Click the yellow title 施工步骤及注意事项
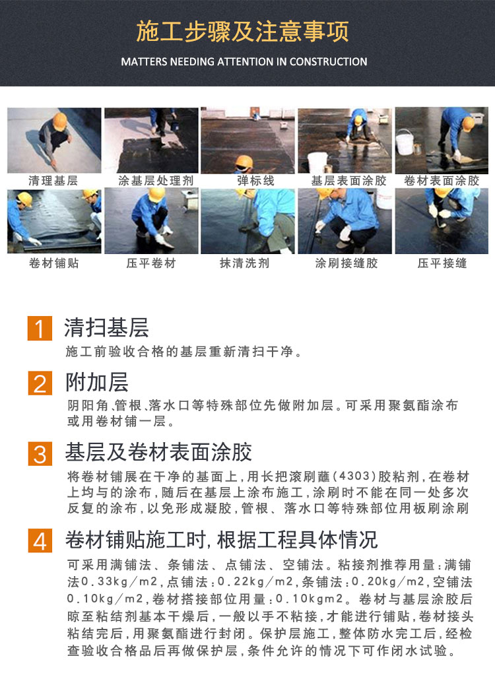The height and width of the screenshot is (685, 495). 242,32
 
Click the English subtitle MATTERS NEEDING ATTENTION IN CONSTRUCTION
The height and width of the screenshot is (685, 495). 244,61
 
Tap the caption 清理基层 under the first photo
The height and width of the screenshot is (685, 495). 53,180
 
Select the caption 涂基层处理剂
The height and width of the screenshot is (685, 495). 156,180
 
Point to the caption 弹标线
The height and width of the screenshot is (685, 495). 256,180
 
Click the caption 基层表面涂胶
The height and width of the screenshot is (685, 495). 349,180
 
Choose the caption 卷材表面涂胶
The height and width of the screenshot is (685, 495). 442,180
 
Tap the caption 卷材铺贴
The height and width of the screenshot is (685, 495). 54,263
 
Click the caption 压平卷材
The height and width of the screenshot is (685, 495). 151,263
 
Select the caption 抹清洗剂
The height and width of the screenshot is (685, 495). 245,263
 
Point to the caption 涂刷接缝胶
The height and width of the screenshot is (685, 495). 346,263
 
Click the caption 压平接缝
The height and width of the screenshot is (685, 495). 442,263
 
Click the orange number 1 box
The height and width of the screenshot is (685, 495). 40,328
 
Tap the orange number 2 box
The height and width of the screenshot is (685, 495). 40,383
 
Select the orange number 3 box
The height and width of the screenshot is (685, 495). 40,453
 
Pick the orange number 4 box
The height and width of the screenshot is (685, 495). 40,541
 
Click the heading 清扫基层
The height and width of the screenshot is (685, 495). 107,327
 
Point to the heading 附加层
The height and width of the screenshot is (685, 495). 97,382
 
